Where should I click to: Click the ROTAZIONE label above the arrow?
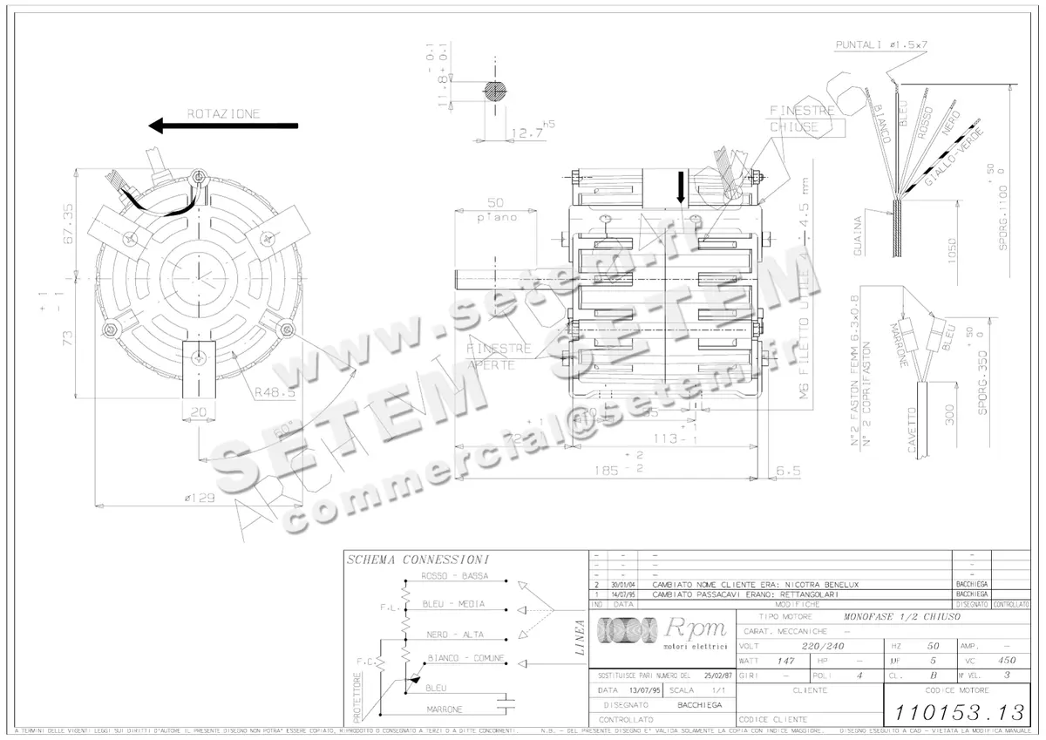tap(223, 113)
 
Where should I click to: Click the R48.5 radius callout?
tap(276, 393)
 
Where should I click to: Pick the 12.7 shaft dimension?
tap(526, 133)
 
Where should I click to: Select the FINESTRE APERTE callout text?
tap(499, 356)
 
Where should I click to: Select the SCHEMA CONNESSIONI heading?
tap(417, 559)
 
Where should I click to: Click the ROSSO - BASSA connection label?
tap(454, 577)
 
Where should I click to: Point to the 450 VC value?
tap(1007, 661)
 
